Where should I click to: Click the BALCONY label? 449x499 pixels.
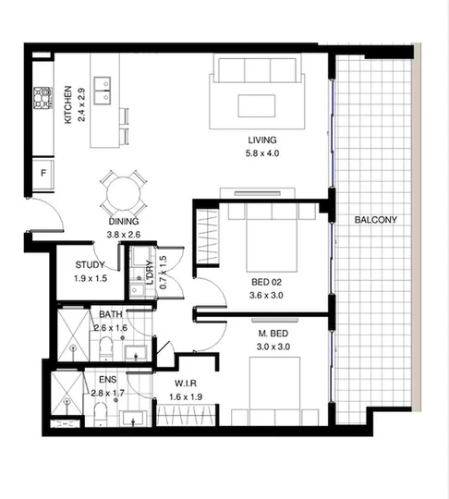(375, 220)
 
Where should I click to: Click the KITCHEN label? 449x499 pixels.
(68, 105)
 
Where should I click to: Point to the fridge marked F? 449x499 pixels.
(42, 174)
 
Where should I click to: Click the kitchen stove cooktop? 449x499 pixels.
(42, 96)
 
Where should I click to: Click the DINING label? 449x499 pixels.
(123, 222)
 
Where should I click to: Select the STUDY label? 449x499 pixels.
(91, 266)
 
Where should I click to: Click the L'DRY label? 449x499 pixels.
(148, 274)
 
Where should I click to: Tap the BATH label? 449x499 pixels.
(111, 314)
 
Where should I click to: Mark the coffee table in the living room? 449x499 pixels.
(256, 104)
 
